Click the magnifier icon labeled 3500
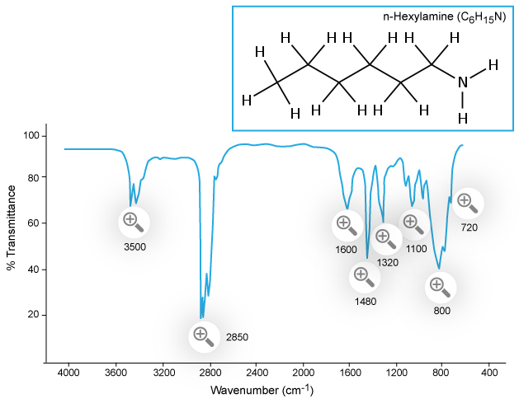click(132, 221)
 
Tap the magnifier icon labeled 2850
click(201, 335)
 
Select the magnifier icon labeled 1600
click(346, 224)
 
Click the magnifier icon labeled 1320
click(385, 238)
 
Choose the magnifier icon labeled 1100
click(413, 223)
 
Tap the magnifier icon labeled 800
click(439, 287)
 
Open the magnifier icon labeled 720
click(466, 201)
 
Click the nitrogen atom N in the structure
click(462, 82)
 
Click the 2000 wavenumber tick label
click(303, 372)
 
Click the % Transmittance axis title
click(12, 227)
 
